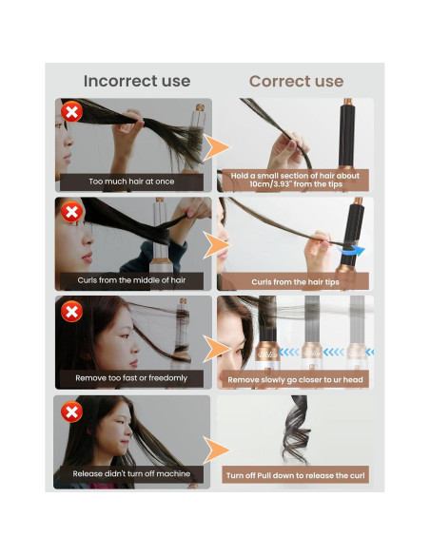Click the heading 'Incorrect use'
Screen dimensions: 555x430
[x=136, y=82]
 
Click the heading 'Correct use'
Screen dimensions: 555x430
[x=296, y=82]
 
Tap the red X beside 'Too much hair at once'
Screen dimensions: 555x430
[x=70, y=113]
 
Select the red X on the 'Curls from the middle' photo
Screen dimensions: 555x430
[x=70, y=211]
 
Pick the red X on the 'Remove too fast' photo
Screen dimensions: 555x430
[x=70, y=311]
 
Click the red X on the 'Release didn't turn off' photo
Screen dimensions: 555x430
[x=70, y=411]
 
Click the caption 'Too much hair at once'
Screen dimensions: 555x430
[x=132, y=181]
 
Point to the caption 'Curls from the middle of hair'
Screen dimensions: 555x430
[x=132, y=280]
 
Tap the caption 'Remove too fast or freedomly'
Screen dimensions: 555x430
[x=132, y=378]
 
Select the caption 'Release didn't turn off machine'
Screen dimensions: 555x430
[x=132, y=473]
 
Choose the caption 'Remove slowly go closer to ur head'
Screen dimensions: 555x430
[x=296, y=379]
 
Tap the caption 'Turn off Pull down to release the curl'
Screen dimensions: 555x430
[x=296, y=474]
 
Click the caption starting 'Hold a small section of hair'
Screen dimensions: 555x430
[x=295, y=180]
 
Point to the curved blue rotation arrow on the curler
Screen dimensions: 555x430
[x=354, y=250]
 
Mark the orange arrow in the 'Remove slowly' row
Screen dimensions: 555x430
[x=218, y=348]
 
